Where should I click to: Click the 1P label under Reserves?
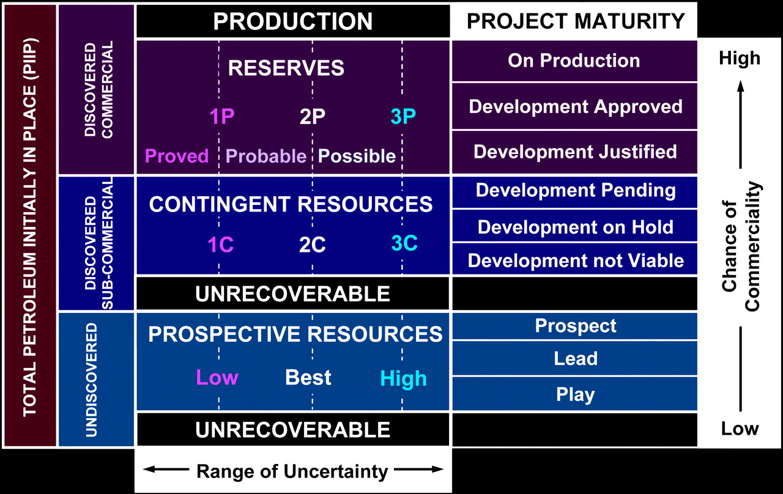tap(222, 116)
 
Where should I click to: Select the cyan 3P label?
tap(403, 116)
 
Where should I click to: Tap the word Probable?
tap(266, 156)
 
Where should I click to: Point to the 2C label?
tap(312, 245)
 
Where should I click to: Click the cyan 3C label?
tap(404, 243)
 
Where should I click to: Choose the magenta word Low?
tap(217, 377)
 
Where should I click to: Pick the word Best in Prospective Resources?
tap(308, 377)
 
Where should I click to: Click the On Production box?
tap(574, 61)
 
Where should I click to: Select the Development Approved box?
tap(574, 106)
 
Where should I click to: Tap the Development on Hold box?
tap(574, 226)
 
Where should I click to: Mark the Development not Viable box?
tap(574, 260)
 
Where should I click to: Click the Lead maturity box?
tap(574, 358)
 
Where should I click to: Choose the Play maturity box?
tap(574, 394)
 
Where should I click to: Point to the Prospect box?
tap(574, 326)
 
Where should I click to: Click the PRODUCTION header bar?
tap(293, 21)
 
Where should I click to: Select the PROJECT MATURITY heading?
tap(576, 21)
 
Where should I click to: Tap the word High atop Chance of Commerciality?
tap(740, 58)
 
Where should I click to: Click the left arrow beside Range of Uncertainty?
tap(166, 469)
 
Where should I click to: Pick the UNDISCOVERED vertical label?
tap(91, 380)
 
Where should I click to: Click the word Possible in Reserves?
tap(357, 156)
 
